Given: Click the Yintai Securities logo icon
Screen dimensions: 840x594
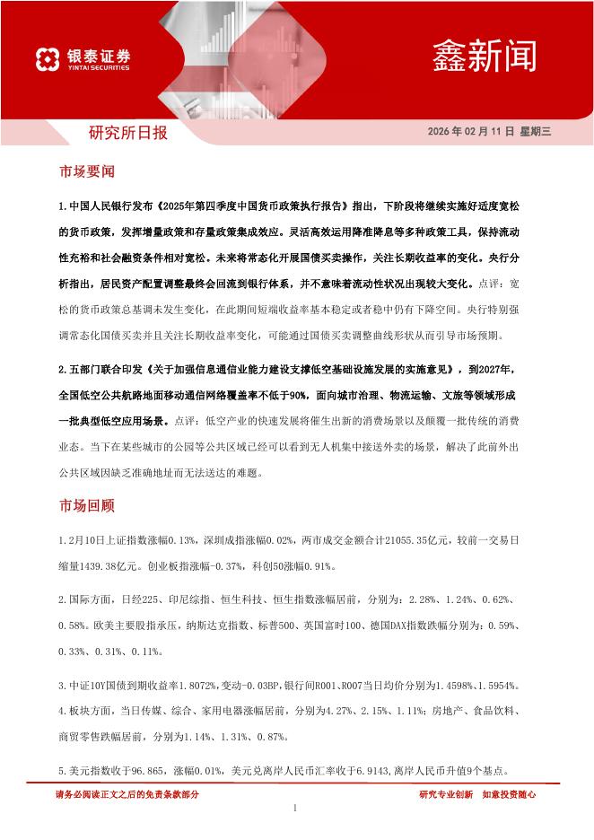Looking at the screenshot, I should [x=48, y=59].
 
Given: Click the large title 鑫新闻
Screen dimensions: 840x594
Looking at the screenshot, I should [x=485, y=55].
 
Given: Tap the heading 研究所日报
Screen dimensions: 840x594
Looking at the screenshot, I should [x=127, y=134].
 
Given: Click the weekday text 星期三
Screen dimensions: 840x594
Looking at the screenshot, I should [x=537, y=132].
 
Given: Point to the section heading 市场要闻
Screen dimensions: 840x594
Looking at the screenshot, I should [x=87, y=171].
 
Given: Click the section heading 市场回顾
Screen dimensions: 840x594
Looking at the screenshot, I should [x=87, y=505].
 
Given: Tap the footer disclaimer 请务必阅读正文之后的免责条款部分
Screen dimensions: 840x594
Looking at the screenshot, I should [x=127, y=794].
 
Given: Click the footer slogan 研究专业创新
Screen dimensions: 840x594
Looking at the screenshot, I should [x=446, y=794].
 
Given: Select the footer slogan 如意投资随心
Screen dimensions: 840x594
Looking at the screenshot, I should [x=509, y=794].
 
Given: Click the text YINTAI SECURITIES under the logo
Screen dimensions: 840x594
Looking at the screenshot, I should [x=98, y=67].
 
